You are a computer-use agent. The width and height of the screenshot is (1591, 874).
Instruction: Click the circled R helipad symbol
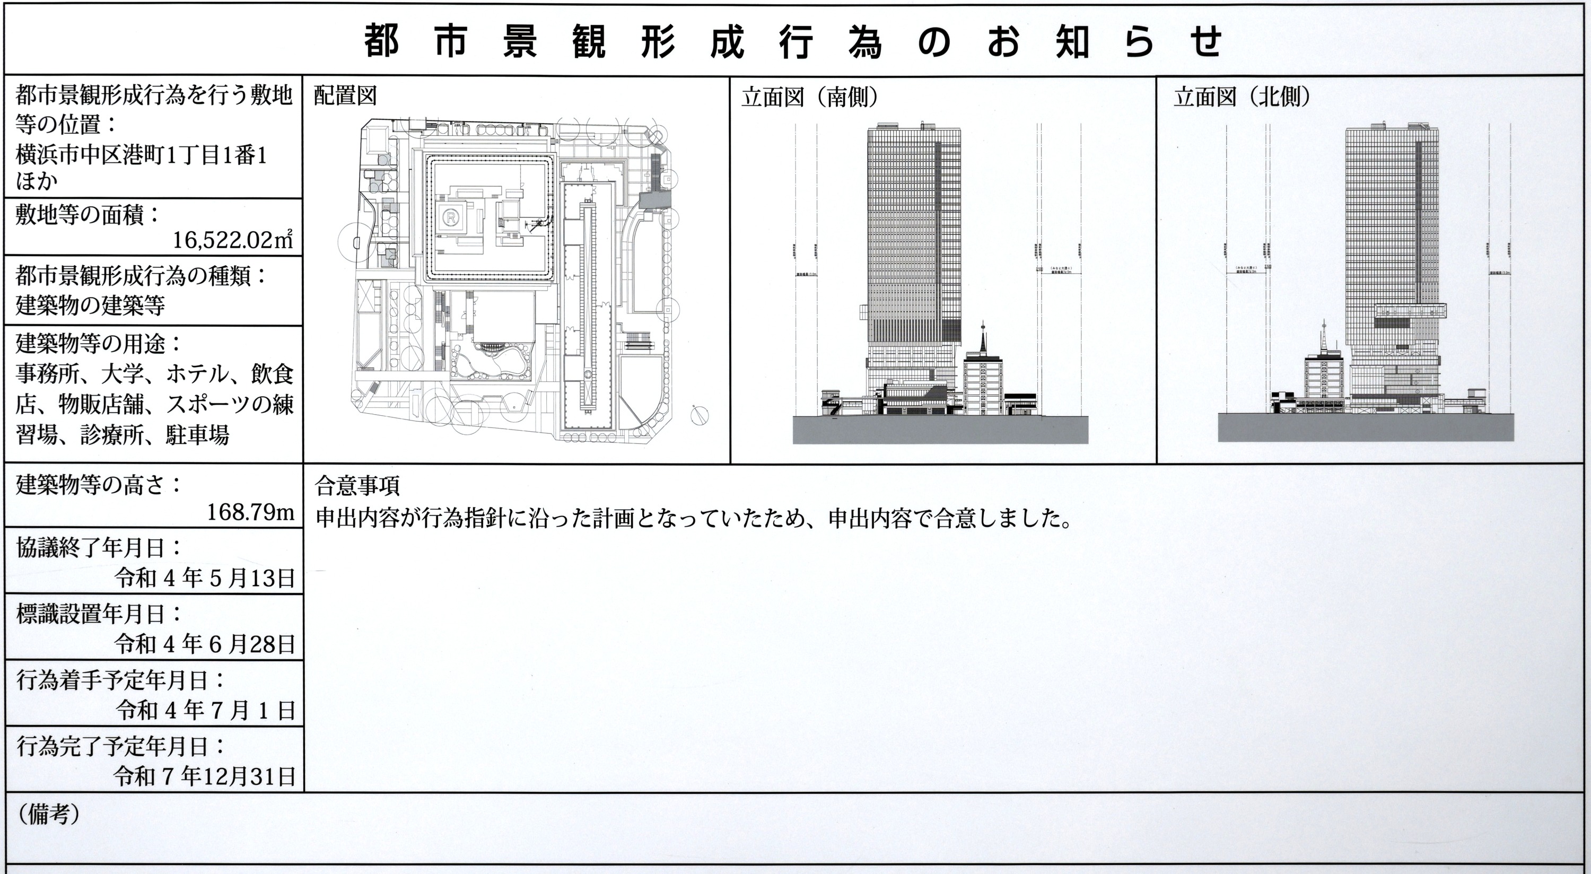point(452,217)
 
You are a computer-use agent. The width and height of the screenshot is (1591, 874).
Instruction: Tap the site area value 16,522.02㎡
point(232,240)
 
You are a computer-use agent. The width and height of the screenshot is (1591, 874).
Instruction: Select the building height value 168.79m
point(250,512)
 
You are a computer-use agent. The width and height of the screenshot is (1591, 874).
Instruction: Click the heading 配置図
point(345,97)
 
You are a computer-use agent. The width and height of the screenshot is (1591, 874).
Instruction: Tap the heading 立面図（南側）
point(810,98)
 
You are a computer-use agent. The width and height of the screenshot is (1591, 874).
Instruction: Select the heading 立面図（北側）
point(1242,98)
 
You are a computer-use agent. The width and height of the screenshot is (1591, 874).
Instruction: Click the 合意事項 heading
point(357,485)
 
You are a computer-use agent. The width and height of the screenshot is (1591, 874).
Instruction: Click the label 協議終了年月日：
point(99,548)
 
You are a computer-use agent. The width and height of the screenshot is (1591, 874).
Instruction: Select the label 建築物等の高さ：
point(99,485)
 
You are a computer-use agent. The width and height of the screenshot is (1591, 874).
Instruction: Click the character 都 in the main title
point(381,42)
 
